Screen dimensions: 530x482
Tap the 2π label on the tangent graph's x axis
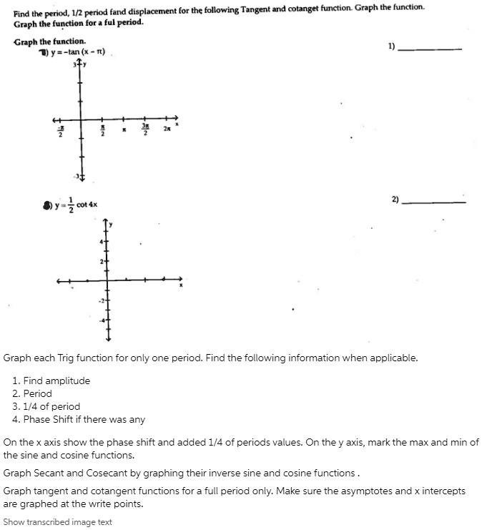[x=167, y=129]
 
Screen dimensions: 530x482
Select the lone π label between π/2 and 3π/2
[x=124, y=129]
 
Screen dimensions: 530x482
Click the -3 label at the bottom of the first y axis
[x=77, y=176]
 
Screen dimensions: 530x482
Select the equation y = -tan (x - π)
[x=79, y=52]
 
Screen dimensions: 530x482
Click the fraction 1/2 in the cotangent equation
[x=71, y=205]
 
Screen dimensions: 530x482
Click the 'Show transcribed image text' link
[x=57, y=522]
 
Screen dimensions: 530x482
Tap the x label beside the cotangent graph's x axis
[x=181, y=286]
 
